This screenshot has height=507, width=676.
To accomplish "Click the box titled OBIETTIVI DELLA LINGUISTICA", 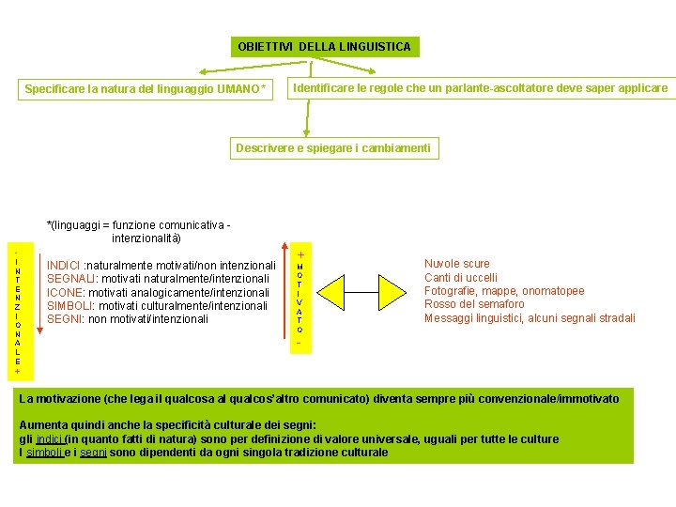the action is (x=324, y=46).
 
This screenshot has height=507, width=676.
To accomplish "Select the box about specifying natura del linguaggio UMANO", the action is (x=146, y=90).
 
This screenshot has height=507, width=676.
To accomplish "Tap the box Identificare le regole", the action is (x=480, y=88).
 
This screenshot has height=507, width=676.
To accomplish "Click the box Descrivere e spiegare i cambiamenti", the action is (x=333, y=148).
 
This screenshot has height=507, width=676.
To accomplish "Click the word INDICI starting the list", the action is (x=64, y=266).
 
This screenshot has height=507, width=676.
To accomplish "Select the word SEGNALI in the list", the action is (x=69, y=279).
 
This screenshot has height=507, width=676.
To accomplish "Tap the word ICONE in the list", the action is (x=66, y=293).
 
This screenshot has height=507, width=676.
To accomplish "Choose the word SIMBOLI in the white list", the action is (x=69, y=306).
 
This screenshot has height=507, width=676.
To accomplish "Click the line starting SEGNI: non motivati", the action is (x=127, y=319).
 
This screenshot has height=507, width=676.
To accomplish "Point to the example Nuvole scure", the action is (x=456, y=264).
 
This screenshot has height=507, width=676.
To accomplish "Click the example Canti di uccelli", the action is (x=461, y=278).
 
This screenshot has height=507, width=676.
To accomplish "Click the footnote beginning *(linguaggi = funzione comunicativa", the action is (x=139, y=231).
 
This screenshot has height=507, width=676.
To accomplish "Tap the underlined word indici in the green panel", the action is (x=50, y=439).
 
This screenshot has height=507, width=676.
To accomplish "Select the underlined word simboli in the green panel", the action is (x=43, y=453).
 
